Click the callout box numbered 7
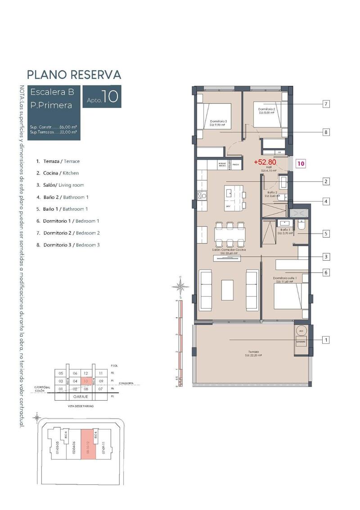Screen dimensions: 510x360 pyautogui.click(x=325, y=104)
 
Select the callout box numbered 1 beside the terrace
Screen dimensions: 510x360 pyautogui.click(x=325, y=340)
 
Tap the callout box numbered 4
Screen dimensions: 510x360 pyautogui.click(x=325, y=201)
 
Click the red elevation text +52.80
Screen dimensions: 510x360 pyautogui.click(x=265, y=162)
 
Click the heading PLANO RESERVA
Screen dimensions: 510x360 pyautogui.click(x=74, y=74)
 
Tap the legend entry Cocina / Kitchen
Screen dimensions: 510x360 pyautogui.click(x=61, y=173)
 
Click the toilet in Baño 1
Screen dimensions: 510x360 pyautogui.click(x=301, y=225)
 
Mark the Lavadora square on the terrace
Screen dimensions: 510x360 pyautogui.click(x=301, y=342)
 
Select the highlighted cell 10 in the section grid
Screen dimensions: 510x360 pyautogui.click(x=85, y=381)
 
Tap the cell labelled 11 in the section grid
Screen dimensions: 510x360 pyautogui.click(x=101, y=373)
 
